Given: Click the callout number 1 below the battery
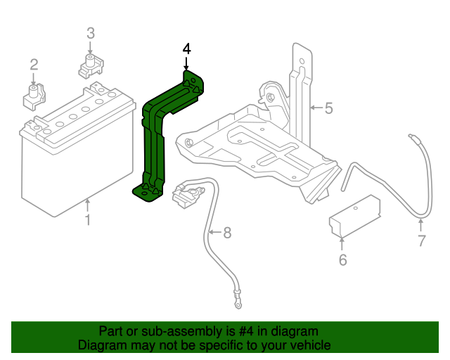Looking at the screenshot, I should coord(88,221).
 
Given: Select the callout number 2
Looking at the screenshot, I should coord(33,65).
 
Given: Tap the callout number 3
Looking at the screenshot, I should coord(90,33).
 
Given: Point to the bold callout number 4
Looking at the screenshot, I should coord(186,49).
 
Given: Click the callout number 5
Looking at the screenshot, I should coord(328,108).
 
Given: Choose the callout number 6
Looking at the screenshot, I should coord(342,260).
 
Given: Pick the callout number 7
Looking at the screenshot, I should coord(420,241).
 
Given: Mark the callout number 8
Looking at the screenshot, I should coord(226,232).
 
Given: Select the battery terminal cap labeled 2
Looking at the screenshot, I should coord(34,96).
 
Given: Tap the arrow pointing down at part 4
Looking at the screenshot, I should coord(186,63).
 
